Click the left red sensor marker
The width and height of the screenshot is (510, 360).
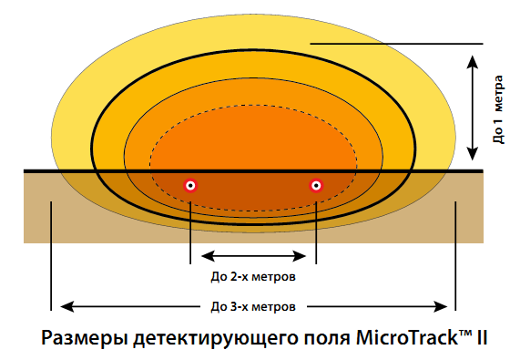coord(190,185)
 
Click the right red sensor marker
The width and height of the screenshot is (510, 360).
coord(316,185)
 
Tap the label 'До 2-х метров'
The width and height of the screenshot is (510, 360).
coord(252,273)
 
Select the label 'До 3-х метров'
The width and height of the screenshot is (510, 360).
coord(252,306)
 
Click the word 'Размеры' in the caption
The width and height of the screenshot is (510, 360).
coord(84,337)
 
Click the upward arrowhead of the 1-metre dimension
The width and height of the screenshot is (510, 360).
coord(470,60)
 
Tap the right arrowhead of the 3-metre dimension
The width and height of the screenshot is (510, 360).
coord(442,305)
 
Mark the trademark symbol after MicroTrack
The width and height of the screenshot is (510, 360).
coord(464,332)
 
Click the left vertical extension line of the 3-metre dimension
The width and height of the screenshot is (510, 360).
coord(52,246)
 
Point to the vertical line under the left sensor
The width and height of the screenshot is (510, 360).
coord(190,228)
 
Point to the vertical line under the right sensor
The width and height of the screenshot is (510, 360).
coord(316,228)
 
